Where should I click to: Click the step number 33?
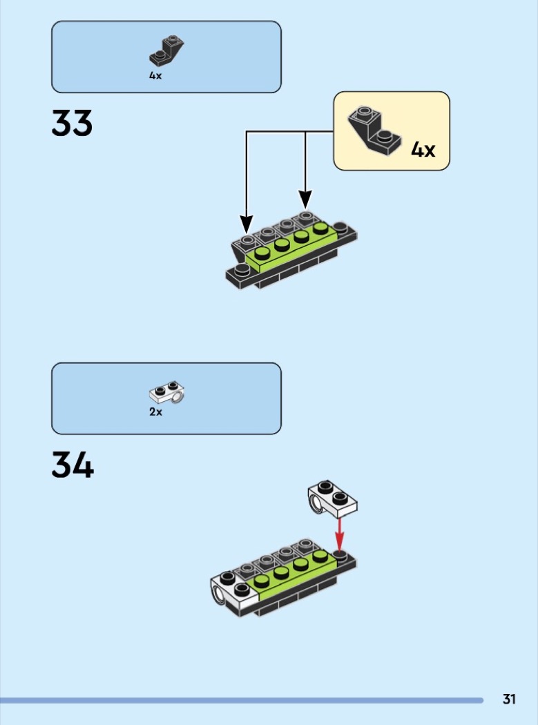click(x=72, y=123)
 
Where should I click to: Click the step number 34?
click(x=73, y=465)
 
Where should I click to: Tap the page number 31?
click(x=509, y=699)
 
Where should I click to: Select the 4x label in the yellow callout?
click(x=423, y=150)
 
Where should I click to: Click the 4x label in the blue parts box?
click(x=155, y=75)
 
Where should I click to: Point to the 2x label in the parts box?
click(x=155, y=412)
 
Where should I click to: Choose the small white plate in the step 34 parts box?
click(x=167, y=392)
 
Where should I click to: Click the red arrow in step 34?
click(x=340, y=534)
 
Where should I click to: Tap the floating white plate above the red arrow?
click(x=333, y=499)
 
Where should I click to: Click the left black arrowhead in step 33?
click(x=247, y=224)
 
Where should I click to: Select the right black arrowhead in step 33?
click(x=305, y=200)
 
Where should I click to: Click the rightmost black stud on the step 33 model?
click(x=340, y=227)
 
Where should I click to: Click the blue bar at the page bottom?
click(x=242, y=701)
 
